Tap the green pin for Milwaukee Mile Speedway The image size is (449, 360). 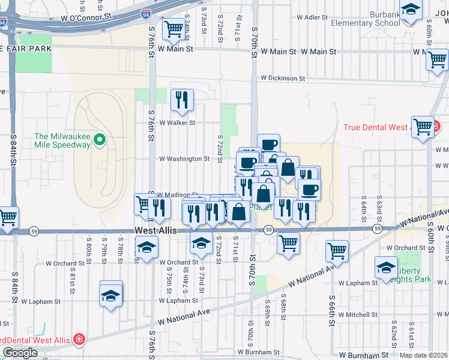pos(100,140)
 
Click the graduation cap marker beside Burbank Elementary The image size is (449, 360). pos(411,11)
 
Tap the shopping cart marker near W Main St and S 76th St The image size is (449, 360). pos(173,28)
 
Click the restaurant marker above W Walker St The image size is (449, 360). pos(182,100)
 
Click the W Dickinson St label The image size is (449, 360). pos(282,79)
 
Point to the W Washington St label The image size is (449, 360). pos(184,159)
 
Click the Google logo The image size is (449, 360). pos(20,353)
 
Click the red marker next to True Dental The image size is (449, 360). pos(438,127)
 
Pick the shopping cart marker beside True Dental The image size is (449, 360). pos(423,127)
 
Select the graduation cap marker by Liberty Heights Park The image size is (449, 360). pos(386,267)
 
